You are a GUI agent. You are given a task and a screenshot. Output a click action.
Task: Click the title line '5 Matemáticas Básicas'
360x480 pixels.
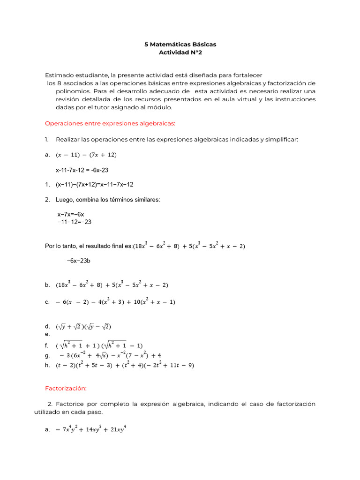click(180, 44)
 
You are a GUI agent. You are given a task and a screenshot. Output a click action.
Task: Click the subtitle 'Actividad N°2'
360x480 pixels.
click(180, 52)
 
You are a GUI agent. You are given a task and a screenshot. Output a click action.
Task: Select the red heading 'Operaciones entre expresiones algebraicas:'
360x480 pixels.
click(110, 123)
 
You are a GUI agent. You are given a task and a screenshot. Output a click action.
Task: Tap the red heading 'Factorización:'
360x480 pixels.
click(66, 388)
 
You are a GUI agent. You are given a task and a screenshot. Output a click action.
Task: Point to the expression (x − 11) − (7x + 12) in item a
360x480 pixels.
click(86, 155)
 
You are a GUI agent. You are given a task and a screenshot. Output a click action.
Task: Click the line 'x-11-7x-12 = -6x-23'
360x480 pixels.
click(82, 170)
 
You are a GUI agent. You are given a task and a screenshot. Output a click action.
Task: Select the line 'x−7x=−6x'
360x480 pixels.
click(71, 214)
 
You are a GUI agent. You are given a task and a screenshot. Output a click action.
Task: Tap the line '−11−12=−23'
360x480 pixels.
click(74, 222)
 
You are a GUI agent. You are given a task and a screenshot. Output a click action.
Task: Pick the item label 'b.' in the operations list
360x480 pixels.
click(47, 285)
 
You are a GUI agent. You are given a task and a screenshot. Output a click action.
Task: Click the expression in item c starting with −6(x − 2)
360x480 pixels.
click(115, 302)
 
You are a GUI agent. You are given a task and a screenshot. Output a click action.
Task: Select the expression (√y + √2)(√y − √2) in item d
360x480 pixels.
click(83, 326)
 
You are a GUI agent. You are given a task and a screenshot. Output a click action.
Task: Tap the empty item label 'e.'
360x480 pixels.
click(47, 334)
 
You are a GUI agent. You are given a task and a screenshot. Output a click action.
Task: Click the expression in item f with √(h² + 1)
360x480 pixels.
click(99, 345)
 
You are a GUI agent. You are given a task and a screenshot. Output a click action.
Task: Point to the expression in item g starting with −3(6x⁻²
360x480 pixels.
click(111, 355)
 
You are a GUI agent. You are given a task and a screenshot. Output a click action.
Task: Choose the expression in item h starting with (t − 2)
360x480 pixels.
click(125, 365)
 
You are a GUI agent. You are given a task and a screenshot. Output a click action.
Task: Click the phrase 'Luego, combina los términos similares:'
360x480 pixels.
click(108, 200)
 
